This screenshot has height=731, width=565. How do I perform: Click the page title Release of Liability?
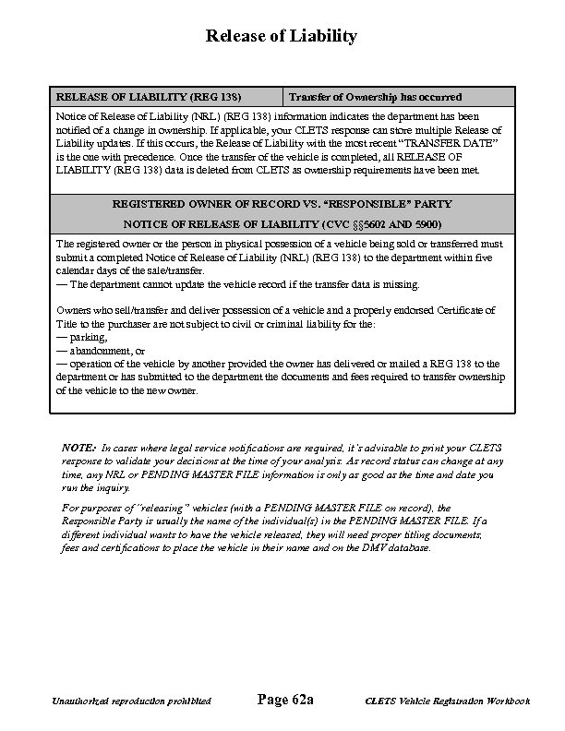(281, 36)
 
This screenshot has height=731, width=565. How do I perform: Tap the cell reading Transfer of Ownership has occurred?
(375, 97)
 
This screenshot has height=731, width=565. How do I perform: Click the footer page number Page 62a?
(284, 701)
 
